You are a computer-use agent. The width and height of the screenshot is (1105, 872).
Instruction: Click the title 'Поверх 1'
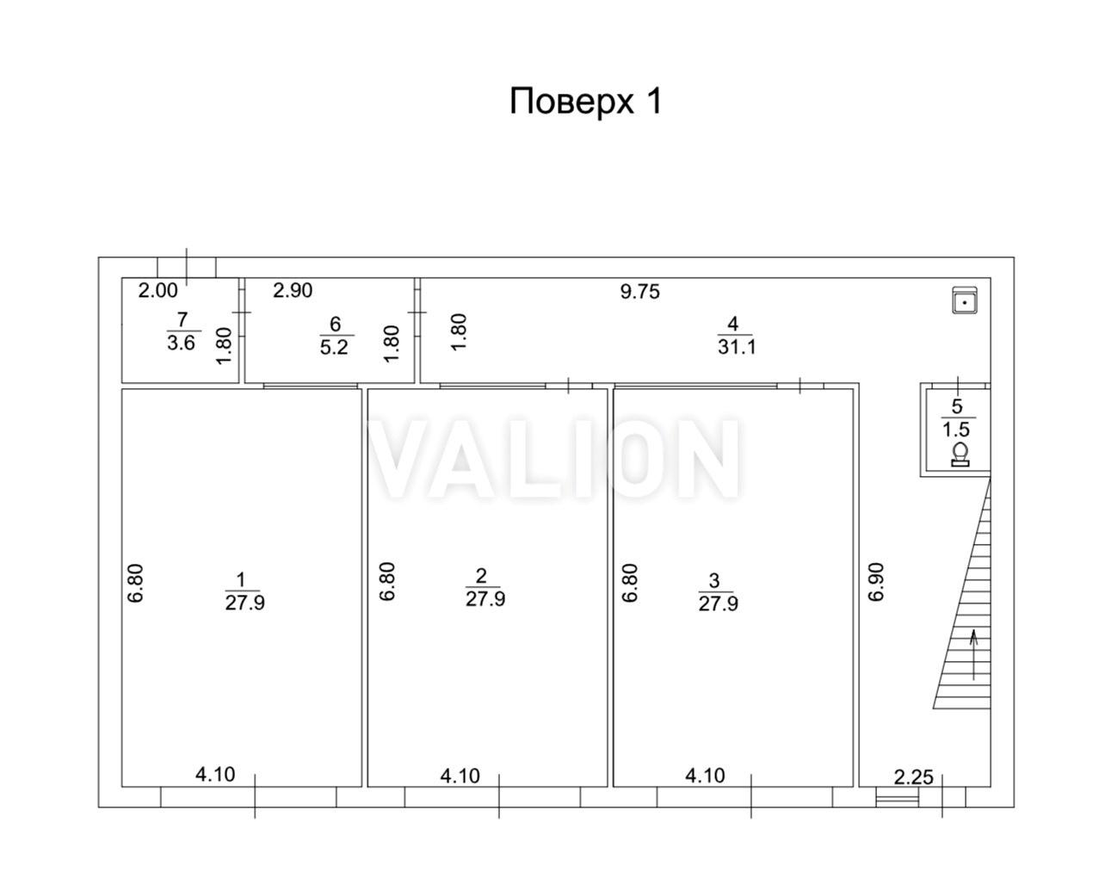point(585,102)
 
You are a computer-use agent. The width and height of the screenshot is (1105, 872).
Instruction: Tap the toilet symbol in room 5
point(960,455)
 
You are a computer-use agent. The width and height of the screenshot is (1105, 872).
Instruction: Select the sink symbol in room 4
point(965,300)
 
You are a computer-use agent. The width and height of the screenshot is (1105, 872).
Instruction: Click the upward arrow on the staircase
point(973,655)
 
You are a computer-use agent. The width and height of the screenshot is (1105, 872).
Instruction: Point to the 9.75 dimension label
point(639,292)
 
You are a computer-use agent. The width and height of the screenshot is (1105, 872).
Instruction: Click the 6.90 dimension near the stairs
point(876,582)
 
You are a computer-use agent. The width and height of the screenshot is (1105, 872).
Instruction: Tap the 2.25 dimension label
point(913,777)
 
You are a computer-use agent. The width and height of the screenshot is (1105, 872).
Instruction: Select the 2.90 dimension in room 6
point(293,291)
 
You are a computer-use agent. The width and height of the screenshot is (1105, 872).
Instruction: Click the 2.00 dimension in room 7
point(158,291)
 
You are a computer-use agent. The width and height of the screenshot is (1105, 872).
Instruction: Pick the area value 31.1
point(737,348)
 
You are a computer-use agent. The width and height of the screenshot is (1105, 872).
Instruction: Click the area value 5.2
point(334,348)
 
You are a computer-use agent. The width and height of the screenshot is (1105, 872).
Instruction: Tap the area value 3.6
point(182,343)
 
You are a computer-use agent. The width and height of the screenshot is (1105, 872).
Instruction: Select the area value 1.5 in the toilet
point(955,429)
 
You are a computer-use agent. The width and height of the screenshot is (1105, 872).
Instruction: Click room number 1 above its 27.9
point(240,580)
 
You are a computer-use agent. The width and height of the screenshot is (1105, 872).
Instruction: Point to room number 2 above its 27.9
point(481,576)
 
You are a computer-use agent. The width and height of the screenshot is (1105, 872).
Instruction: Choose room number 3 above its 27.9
point(714,581)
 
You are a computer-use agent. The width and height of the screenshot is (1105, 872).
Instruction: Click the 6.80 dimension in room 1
point(136,583)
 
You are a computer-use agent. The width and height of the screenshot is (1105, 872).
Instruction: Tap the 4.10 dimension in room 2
point(460,776)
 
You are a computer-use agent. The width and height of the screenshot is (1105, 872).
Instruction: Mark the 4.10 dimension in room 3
point(705,776)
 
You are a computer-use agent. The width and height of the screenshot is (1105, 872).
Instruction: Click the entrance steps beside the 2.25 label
point(898,799)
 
